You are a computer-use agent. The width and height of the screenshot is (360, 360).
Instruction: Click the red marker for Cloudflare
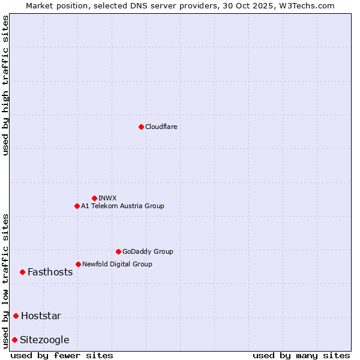141,127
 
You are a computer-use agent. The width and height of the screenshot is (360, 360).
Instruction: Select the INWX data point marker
94,198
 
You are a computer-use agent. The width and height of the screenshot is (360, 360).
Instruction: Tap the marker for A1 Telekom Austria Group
77,206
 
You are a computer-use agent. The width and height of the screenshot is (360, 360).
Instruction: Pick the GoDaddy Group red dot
118,251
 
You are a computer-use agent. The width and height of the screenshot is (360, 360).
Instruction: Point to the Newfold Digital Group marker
78,264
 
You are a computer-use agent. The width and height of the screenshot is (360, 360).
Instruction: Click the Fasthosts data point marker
22,272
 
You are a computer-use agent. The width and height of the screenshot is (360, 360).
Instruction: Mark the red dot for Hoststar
16,316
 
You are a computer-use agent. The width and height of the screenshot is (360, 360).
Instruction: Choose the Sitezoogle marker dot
14,340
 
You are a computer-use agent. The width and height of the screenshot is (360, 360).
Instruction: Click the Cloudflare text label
161,127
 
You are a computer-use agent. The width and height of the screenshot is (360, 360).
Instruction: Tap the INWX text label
107,198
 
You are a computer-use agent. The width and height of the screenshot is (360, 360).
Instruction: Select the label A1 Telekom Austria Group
122,206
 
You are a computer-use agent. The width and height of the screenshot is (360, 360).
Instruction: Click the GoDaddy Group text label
148,251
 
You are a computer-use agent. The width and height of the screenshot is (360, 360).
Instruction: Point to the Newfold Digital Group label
117,264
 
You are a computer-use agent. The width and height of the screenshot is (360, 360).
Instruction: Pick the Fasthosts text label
50,272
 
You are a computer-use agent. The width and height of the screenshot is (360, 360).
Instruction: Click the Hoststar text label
41,316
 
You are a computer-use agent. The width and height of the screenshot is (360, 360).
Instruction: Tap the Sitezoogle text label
44,340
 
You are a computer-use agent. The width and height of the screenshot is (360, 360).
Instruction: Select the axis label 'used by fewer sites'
62,355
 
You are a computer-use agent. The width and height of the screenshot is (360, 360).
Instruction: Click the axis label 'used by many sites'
301,355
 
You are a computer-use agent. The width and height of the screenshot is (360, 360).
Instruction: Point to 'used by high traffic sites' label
5,86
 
